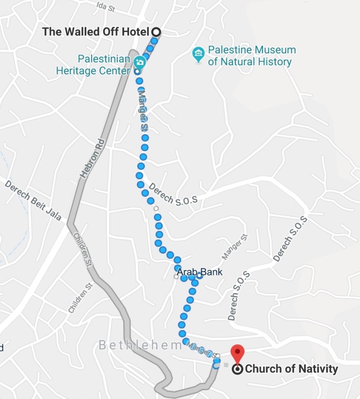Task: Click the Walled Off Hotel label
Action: pos(96,32)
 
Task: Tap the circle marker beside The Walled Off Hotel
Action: pos(156,32)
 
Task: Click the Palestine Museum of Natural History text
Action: pos(251,56)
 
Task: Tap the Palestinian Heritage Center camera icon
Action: pos(139,61)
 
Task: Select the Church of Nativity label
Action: pos(291,369)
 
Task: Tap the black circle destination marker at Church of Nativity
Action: pos(237,369)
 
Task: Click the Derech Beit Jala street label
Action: pos(34,200)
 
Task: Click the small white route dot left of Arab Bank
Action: pos(177,276)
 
